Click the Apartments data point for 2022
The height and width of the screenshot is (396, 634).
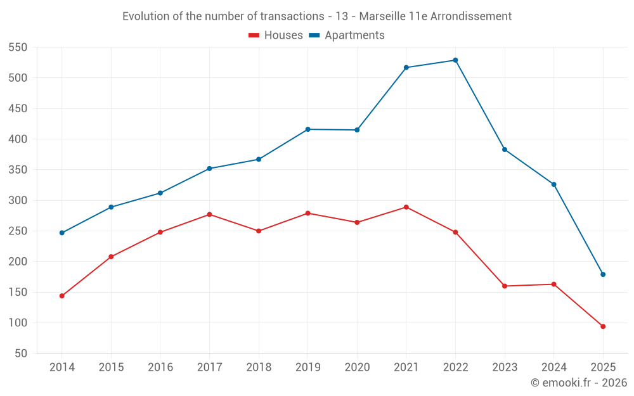[455, 60]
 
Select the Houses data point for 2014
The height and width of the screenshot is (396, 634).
[62, 296]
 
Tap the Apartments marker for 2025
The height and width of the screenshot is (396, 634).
[603, 274]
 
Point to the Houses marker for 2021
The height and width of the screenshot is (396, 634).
[406, 207]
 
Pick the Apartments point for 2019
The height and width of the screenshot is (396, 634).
[308, 129]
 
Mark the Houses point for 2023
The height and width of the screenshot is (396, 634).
[505, 286]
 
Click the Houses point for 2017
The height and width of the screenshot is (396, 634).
[209, 214]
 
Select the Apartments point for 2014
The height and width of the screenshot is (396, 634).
[62, 233]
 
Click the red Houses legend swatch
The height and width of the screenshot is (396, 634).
[254, 35]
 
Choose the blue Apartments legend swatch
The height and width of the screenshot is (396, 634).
[314, 35]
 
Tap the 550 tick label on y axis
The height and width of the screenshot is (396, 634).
[18, 48]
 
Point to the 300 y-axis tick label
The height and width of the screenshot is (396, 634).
[18, 201]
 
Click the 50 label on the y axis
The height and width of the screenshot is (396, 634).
[21, 354]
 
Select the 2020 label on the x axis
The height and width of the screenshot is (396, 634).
[357, 367]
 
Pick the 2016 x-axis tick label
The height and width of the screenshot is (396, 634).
[160, 367]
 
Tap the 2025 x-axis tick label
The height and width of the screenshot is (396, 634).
[603, 367]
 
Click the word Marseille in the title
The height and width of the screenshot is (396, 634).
[382, 16]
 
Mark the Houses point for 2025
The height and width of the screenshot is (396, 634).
[603, 326]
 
